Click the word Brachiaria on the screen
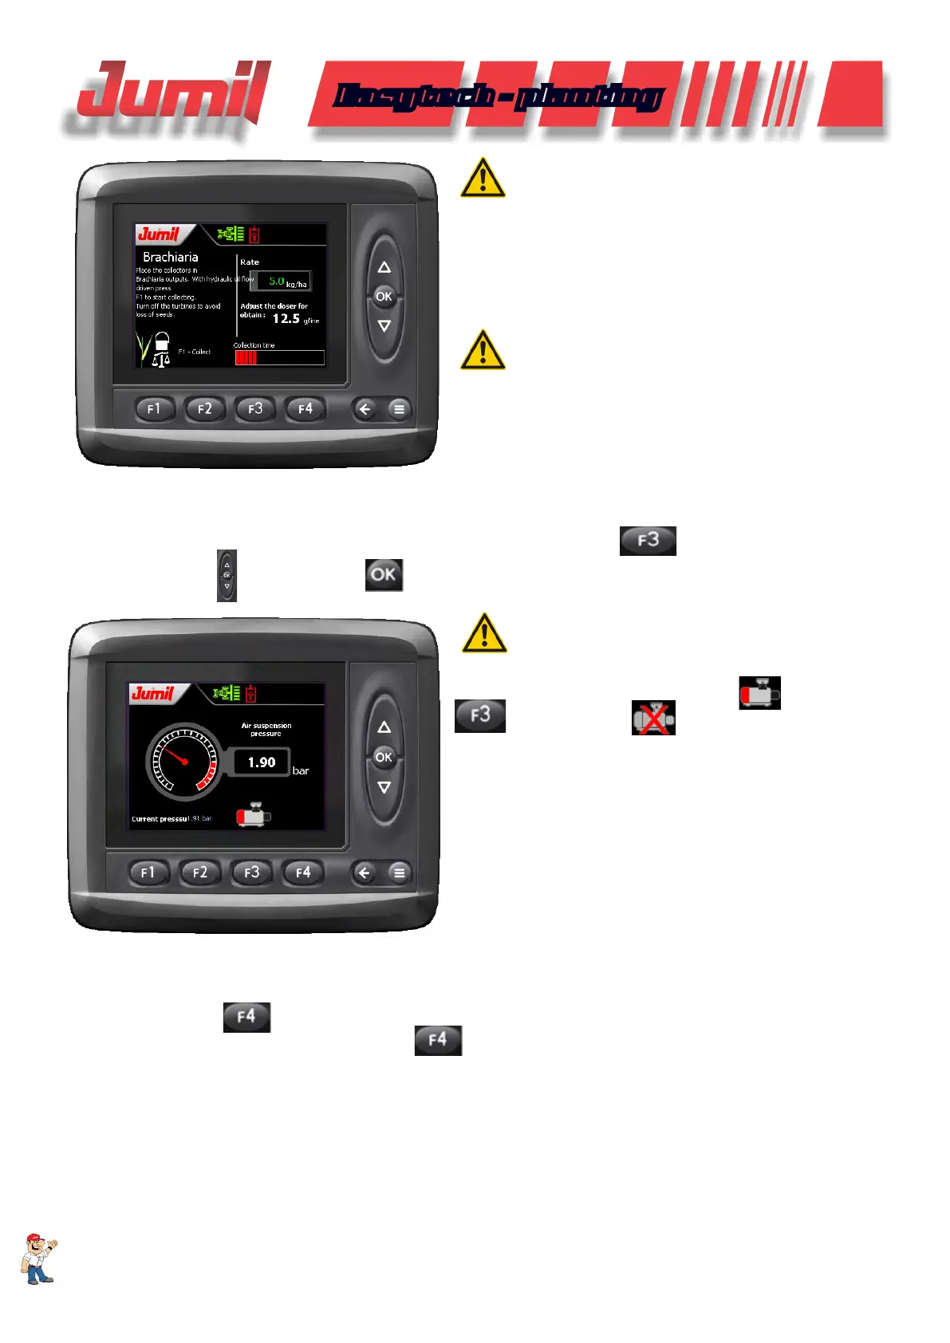coord(170,257)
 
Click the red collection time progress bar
coord(246,358)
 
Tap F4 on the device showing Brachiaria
coord(305,409)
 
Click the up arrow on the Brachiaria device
coord(384,267)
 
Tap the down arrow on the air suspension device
coord(384,787)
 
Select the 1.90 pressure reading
coord(261,762)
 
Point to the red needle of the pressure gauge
coord(175,754)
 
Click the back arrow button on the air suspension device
coord(364,872)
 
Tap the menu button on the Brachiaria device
coord(399,410)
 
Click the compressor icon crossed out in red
coord(653,718)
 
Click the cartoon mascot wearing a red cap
coord(38,1258)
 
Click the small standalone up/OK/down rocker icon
coord(227,575)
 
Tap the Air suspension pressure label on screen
coord(266,729)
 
